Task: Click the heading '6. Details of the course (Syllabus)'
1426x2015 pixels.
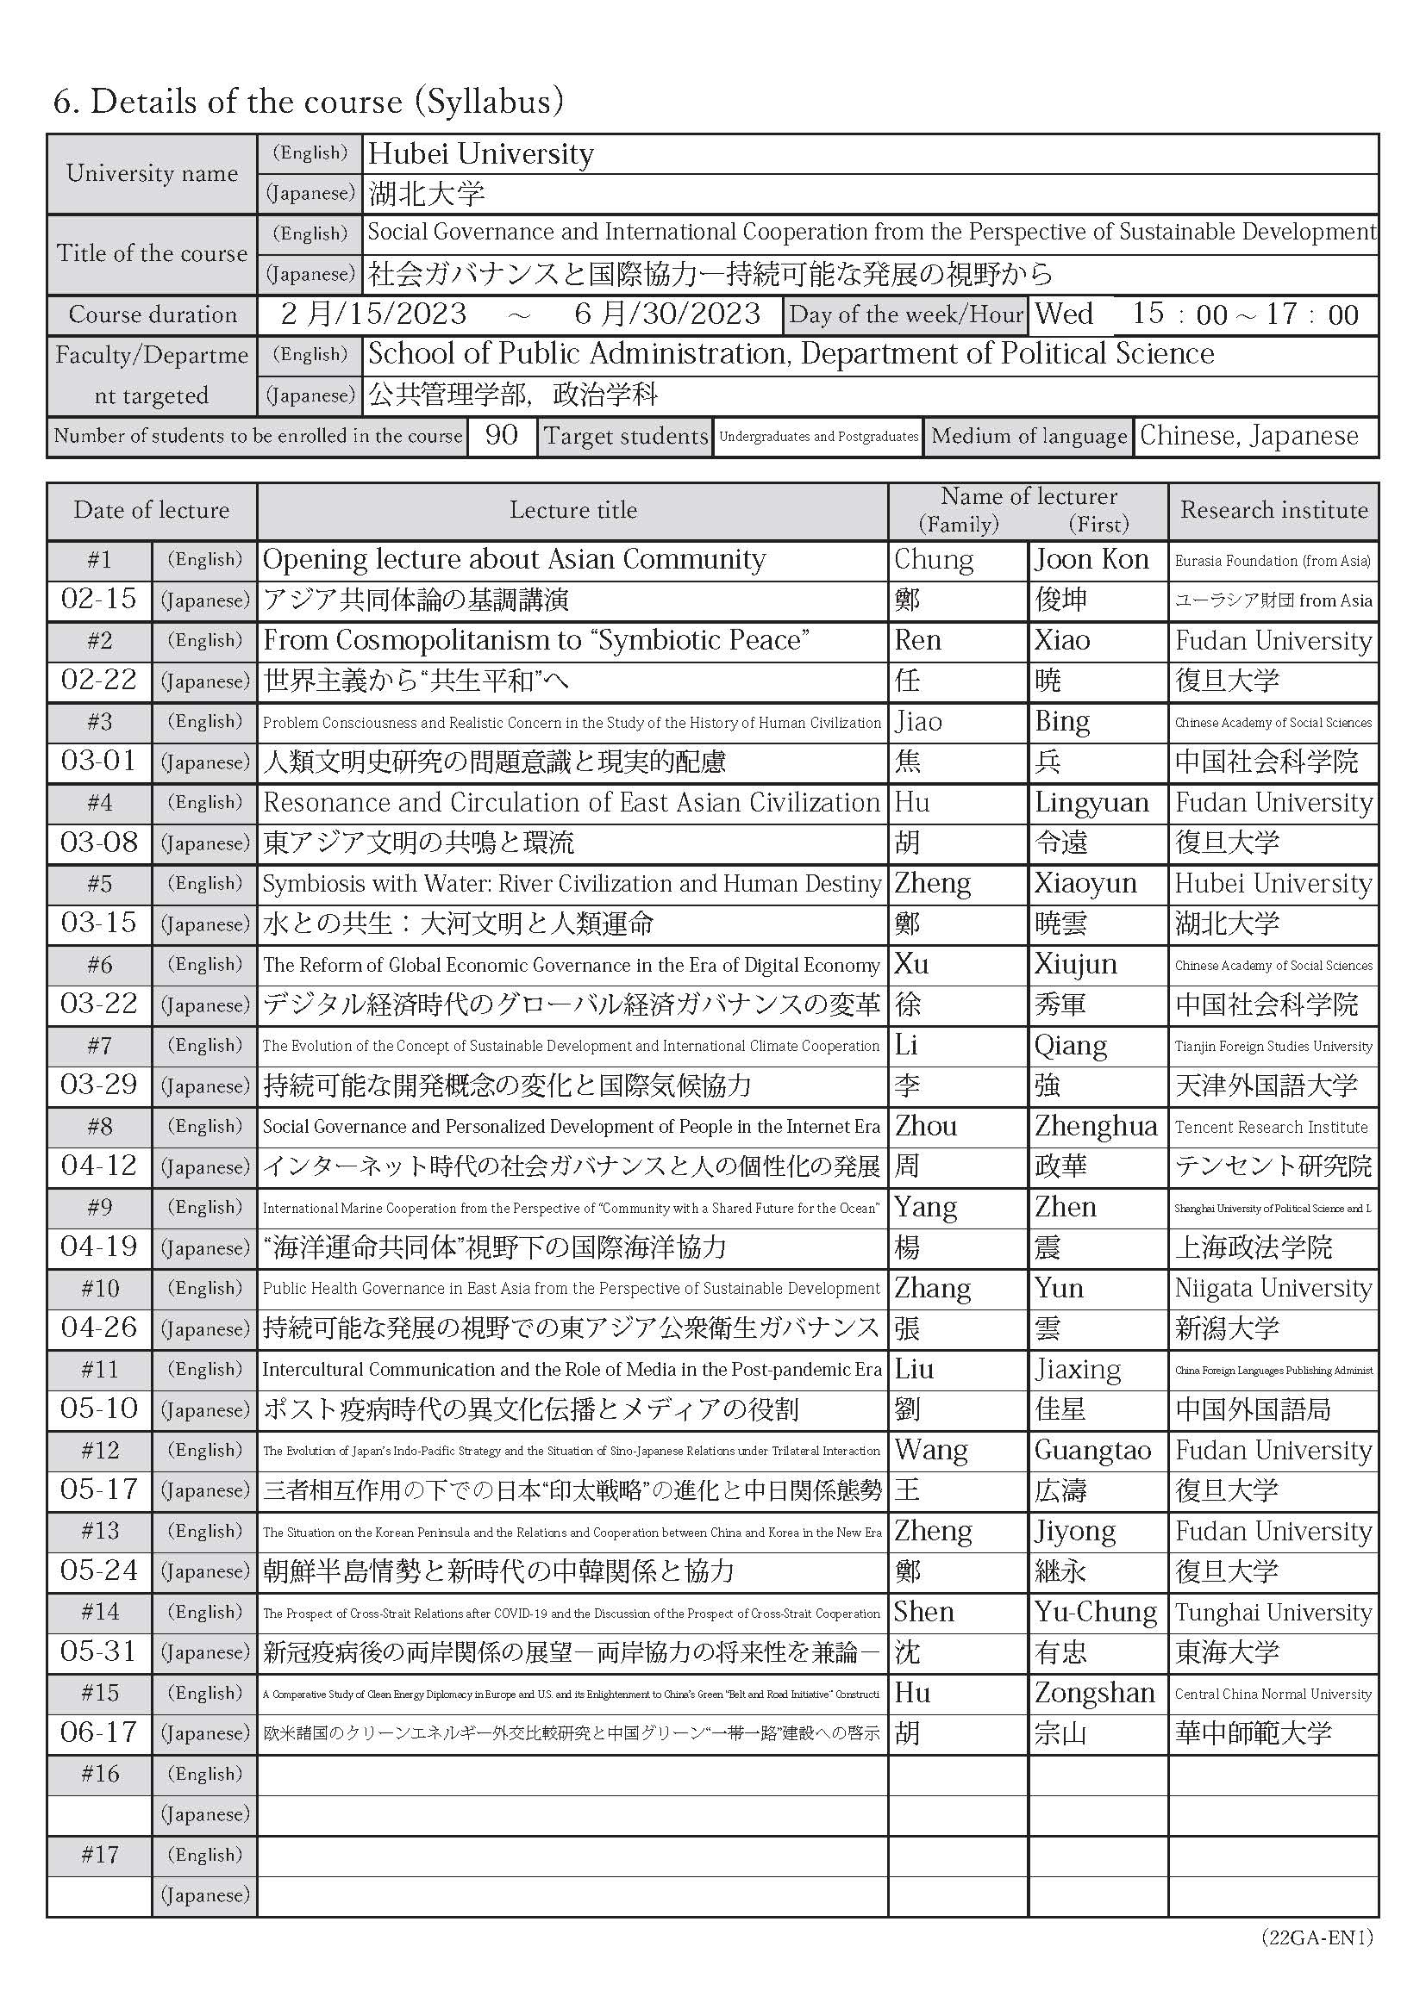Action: click(308, 102)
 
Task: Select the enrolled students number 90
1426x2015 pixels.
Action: click(501, 435)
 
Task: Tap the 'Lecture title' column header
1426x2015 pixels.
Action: click(572, 510)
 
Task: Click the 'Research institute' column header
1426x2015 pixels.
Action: click(1273, 510)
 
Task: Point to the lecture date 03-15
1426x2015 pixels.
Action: click(98, 924)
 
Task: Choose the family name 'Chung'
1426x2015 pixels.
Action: click(934, 560)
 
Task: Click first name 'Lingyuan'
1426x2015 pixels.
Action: click(1091, 802)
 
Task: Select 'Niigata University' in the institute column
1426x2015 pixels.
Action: click(1273, 1287)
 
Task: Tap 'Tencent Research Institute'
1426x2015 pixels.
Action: click(1271, 1127)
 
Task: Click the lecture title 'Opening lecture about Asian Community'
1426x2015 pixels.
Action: click(514, 560)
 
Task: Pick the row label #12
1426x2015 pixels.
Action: click(98, 1450)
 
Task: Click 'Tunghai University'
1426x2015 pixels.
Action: click(1273, 1612)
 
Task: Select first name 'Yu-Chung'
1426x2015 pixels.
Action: click(1095, 1612)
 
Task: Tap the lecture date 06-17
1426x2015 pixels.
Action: click(98, 1732)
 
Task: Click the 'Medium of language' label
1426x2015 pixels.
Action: click(1029, 436)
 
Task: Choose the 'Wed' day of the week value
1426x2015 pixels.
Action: click(1064, 314)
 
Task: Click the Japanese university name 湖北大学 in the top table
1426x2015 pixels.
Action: click(427, 193)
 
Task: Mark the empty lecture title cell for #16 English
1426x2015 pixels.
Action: click(572, 1775)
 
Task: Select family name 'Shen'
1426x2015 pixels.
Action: click(923, 1612)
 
